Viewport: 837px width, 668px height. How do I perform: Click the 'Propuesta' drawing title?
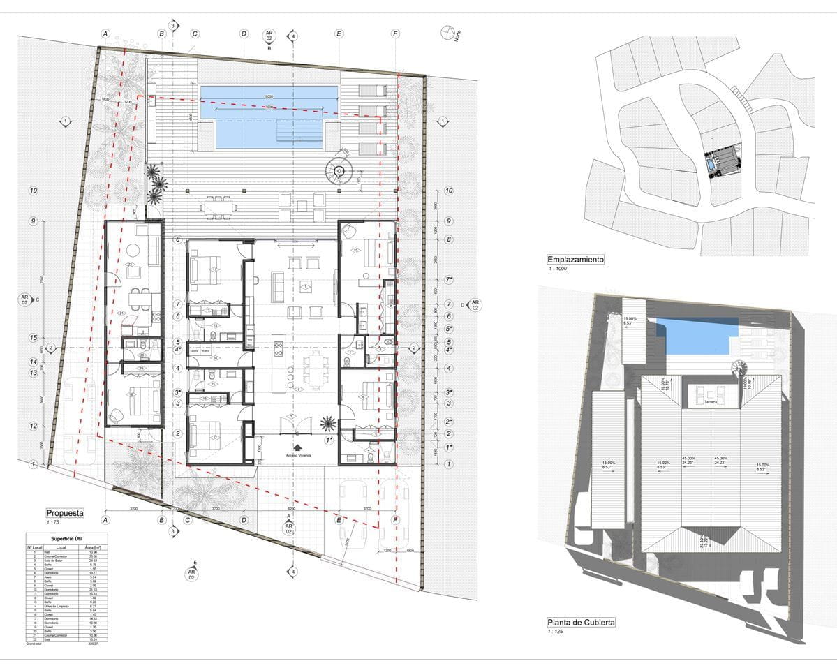65,513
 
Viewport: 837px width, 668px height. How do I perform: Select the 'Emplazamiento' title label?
576,260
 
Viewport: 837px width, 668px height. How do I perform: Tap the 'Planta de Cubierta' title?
582,622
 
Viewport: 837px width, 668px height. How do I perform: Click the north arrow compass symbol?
447,32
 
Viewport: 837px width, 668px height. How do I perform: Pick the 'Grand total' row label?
36,644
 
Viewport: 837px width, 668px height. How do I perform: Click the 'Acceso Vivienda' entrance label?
298,454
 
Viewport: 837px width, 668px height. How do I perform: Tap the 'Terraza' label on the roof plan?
711,402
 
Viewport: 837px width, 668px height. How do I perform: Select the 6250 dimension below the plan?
292,509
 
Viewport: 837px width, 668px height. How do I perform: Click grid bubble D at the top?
244,34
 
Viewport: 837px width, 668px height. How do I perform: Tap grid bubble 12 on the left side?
33,426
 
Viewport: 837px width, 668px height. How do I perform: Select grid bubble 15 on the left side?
33,338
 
